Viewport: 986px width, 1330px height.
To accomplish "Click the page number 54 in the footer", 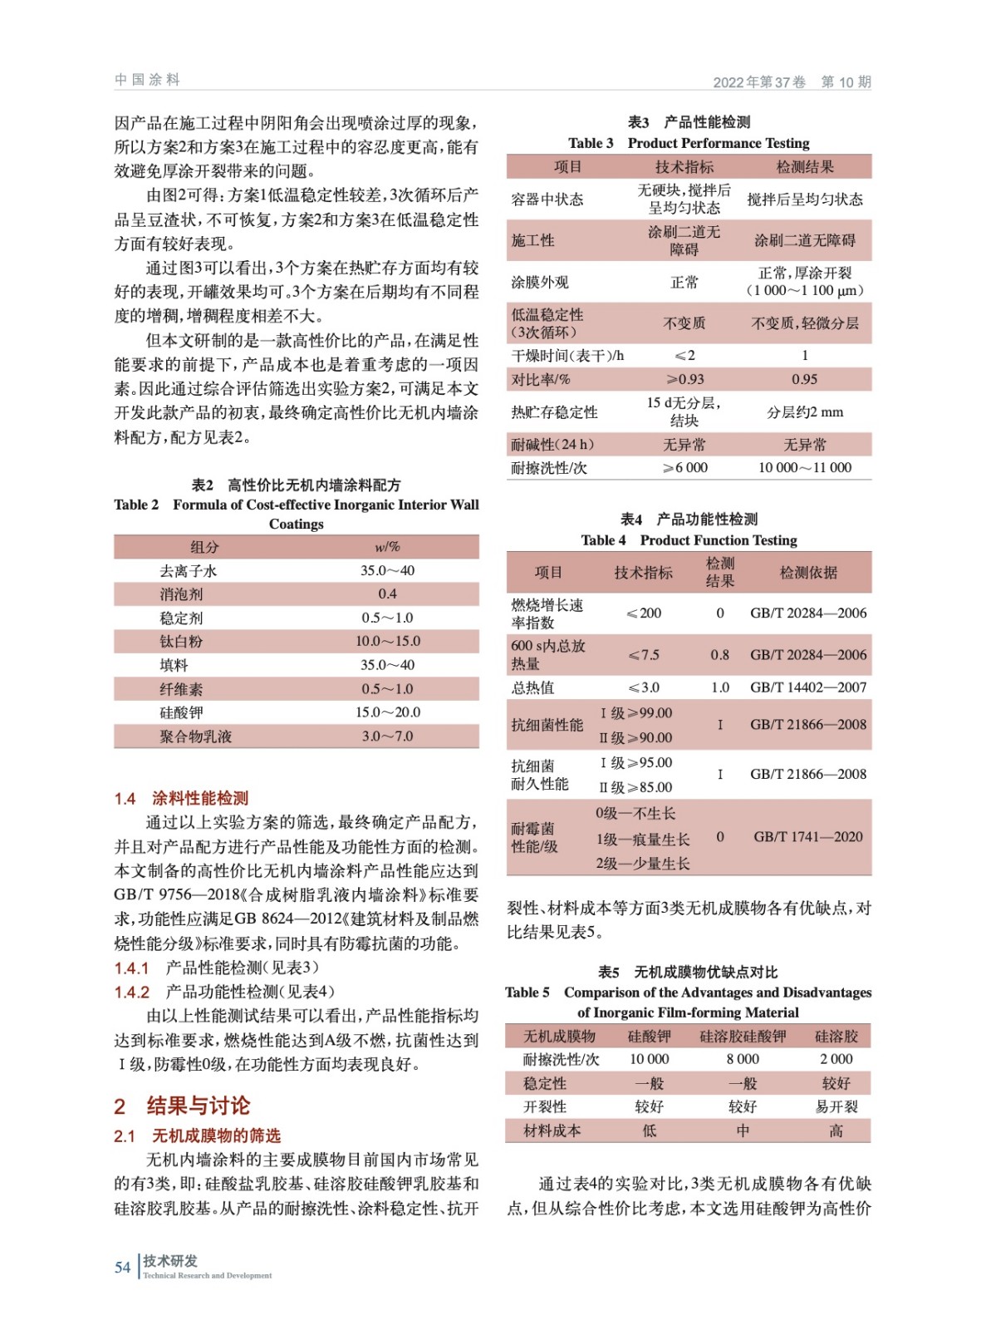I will (122, 1267).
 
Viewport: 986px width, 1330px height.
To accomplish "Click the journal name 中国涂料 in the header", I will (147, 80).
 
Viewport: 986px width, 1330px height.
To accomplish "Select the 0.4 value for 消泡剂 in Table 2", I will (387, 594).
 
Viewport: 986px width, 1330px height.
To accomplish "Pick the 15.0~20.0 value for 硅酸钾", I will (387, 712).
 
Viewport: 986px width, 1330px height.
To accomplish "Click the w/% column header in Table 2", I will (387, 547).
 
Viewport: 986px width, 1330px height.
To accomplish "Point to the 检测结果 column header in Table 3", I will (804, 167).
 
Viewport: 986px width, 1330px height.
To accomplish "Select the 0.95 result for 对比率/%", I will (804, 379).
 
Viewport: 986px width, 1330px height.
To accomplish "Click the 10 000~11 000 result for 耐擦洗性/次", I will (804, 467).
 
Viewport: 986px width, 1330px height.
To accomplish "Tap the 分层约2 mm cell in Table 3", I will (804, 412).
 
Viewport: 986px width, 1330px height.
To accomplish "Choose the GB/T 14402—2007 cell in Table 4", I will (807, 687).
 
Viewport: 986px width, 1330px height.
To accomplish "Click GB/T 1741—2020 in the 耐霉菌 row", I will (807, 837).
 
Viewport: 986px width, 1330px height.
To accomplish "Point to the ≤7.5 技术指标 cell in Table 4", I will (644, 655).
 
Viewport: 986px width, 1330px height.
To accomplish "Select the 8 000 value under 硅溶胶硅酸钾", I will (742, 1059).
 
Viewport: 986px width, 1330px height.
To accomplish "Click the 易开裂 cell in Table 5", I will (836, 1106).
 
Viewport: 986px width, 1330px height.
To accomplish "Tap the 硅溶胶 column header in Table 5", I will (836, 1037).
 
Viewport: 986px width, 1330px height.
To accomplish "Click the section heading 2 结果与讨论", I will (182, 1106).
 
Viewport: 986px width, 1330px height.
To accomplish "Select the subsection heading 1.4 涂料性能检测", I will (181, 798).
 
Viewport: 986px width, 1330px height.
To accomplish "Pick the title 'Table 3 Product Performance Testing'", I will (689, 143).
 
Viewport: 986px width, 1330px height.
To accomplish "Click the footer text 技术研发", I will (170, 1261).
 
